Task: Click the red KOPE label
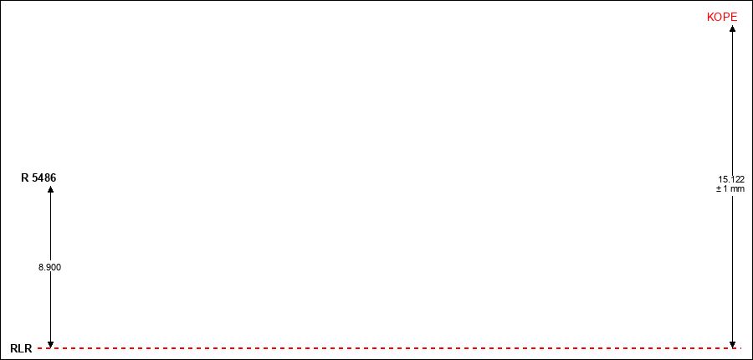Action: pos(722,18)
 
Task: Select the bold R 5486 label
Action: pos(38,177)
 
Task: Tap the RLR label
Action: pos(21,349)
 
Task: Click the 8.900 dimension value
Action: pos(50,268)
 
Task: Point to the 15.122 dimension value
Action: pos(731,179)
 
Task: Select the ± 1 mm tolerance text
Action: pos(730,189)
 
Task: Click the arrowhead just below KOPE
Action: pos(732,28)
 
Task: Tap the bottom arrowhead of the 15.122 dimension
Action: pos(732,344)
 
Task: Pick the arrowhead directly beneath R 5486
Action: pos(50,189)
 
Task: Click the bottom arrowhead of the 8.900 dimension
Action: pos(50,344)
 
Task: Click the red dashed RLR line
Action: pos(389,347)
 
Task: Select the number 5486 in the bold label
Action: pos(44,177)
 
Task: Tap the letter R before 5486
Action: pos(24,177)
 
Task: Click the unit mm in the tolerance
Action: pos(739,189)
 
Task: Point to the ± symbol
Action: pos(719,189)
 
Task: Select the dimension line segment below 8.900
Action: pos(50,307)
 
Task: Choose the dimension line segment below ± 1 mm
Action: pos(732,268)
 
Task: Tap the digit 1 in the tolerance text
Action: pos(726,189)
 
